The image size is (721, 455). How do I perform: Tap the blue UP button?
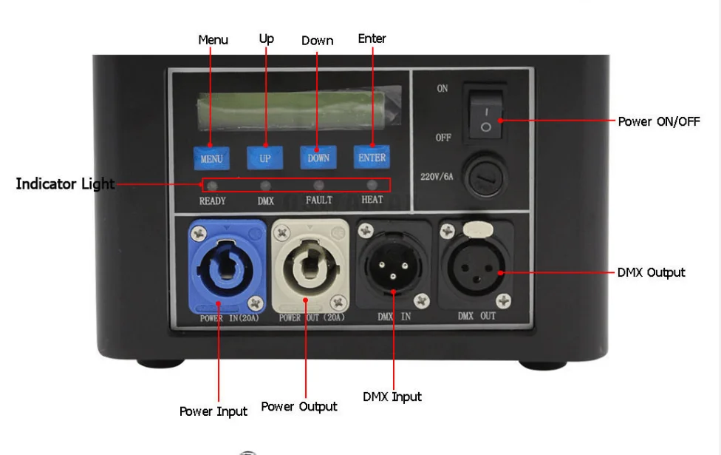click(x=264, y=158)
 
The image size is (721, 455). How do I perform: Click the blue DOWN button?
click(x=318, y=158)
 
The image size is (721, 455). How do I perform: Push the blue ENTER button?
click(x=372, y=157)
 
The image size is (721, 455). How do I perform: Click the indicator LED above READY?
click(x=212, y=185)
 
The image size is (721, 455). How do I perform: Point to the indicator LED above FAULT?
click(x=319, y=185)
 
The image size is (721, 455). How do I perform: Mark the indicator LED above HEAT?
click(x=372, y=185)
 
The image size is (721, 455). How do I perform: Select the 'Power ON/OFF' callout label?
click(x=658, y=121)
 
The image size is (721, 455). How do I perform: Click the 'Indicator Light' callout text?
click(x=65, y=183)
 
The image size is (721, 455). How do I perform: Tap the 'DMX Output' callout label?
click(x=651, y=272)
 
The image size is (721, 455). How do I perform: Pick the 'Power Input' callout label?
click(x=213, y=411)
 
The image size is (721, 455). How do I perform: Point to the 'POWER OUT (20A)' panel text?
click(x=311, y=318)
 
